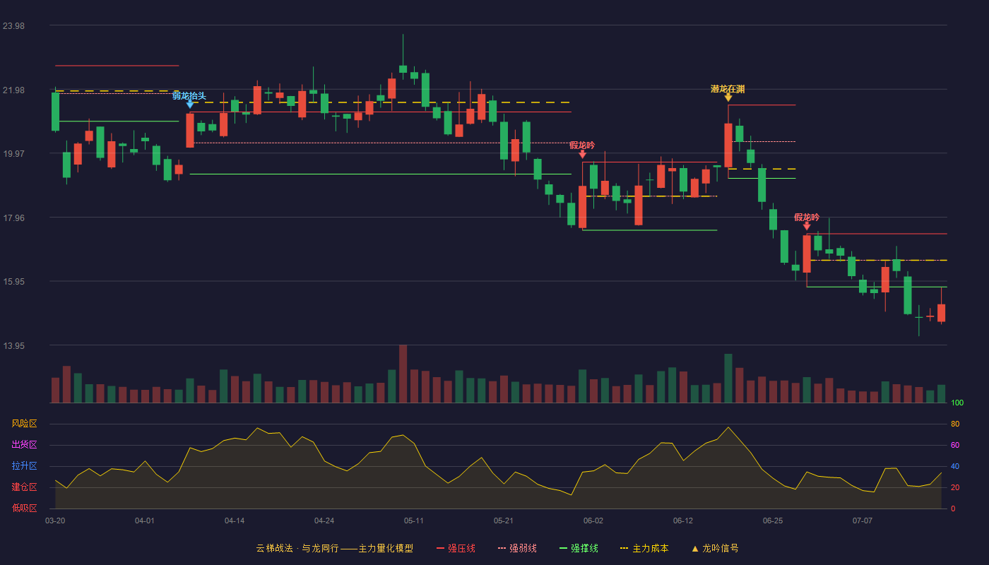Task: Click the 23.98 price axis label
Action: pos(13,26)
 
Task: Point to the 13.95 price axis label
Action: pos(13,345)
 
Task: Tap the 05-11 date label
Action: pos(414,521)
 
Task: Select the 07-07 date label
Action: pos(863,521)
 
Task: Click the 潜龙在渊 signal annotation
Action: pos(728,89)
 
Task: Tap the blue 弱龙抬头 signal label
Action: pos(189,96)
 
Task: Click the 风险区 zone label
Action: pos(24,424)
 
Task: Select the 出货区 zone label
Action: pos(24,444)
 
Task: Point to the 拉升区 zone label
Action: pos(24,465)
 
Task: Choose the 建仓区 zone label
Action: pos(24,487)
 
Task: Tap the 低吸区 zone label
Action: pos(24,508)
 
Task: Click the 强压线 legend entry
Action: pos(456,548)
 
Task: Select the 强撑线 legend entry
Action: pos(579,548)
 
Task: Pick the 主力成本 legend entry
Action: pos(644,548)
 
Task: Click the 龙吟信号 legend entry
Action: pos(715,548)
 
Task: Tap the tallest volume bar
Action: pos(403,374)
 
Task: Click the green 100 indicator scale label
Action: pos(957,403)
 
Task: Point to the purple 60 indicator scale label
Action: pos(955,445)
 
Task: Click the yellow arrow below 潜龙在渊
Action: pos(728,97)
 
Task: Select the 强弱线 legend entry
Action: pos(517,548)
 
